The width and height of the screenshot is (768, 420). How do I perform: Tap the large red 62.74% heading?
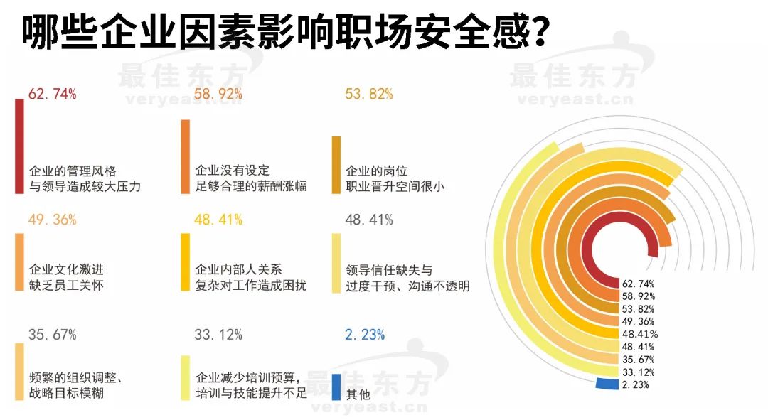pos(52,94)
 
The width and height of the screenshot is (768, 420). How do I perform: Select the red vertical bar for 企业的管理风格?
pos(19,146)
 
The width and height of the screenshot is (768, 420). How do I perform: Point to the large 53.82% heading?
pos(368,94)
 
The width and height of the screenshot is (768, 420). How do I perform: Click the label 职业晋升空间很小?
pos(395,187)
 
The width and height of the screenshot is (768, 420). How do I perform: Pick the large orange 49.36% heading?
pos(52,220)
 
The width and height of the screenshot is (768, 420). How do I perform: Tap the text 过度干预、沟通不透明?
pos(407,286)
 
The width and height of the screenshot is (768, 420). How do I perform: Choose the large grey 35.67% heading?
pos(52,335)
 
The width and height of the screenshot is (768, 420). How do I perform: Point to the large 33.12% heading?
pos(218,335)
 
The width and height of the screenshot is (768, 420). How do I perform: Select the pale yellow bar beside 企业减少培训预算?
pos(185,377)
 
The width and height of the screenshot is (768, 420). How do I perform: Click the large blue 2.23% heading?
pos(365,335)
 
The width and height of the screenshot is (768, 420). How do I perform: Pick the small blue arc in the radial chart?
pos(607,384)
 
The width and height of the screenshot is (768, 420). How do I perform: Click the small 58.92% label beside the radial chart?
pos(638,296)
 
